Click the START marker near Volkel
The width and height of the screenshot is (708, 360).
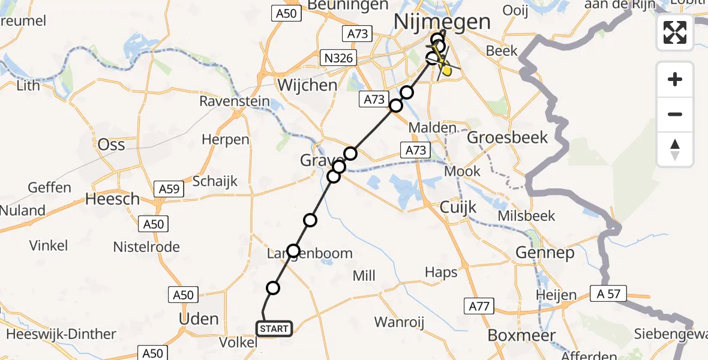[274, 329]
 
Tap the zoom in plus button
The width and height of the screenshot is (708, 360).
[675, 80]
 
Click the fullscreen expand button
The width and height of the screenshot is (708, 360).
[675, 32]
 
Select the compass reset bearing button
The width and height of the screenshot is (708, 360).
[675, 149]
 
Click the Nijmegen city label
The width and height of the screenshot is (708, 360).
[442, 22]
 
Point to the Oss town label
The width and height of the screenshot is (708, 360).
[111, 145]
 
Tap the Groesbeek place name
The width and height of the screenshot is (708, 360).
[507, 137]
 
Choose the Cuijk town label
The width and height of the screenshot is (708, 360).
[458, 208]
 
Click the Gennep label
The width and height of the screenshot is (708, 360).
[544, 253]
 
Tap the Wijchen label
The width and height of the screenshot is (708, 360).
[307, 85]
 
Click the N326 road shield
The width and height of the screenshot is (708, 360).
[338, 58]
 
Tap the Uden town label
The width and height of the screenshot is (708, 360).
[199, 319]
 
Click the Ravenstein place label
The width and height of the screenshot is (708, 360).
[235, 101]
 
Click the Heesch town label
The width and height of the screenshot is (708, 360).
[112, 199]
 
